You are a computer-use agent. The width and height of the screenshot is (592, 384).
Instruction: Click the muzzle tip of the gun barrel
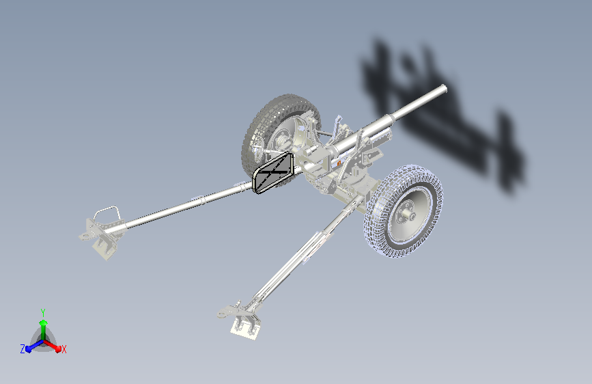click(x=445, y=90)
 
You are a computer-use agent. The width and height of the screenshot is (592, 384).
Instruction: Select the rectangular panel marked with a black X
click(x=273, y=172)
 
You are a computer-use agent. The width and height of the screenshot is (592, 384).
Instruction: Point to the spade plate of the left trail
click(x=104, y=247)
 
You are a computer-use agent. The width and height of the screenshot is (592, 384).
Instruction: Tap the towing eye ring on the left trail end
click(x=84, y=236)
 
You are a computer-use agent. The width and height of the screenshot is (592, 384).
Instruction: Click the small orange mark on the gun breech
click(x=339, y=163)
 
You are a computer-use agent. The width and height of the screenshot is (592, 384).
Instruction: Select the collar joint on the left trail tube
click(x=202, y=199)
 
